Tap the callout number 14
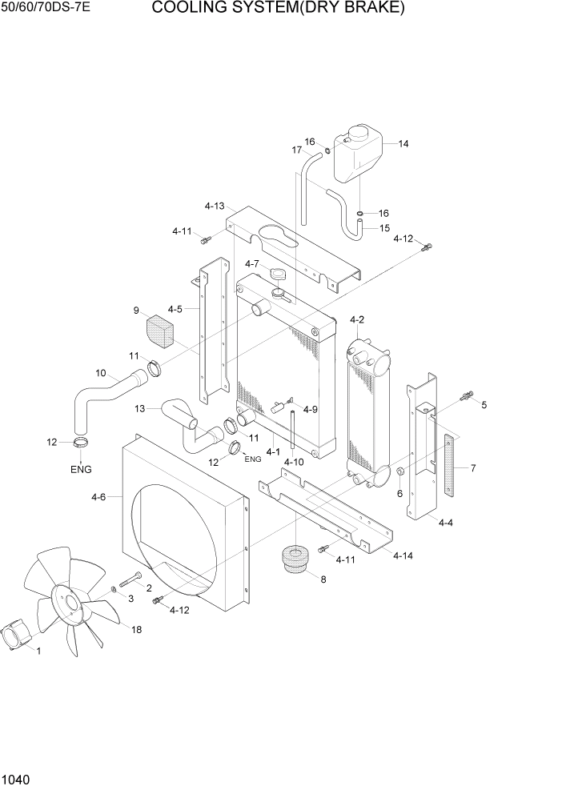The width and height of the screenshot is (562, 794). click(x=403, y=144)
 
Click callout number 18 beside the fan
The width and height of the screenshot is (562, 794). click(x=136, y=630)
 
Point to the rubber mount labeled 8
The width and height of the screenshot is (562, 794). click(x=297, y=559)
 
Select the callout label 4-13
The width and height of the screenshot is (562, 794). click(x=214, y=206)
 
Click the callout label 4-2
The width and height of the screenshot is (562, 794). click(x=357, y=320)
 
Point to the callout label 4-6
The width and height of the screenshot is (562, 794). click(x=98, y=497)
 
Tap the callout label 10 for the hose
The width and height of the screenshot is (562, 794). click(x=101, y=372)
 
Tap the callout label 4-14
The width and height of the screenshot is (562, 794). click(x=403, y=555)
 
